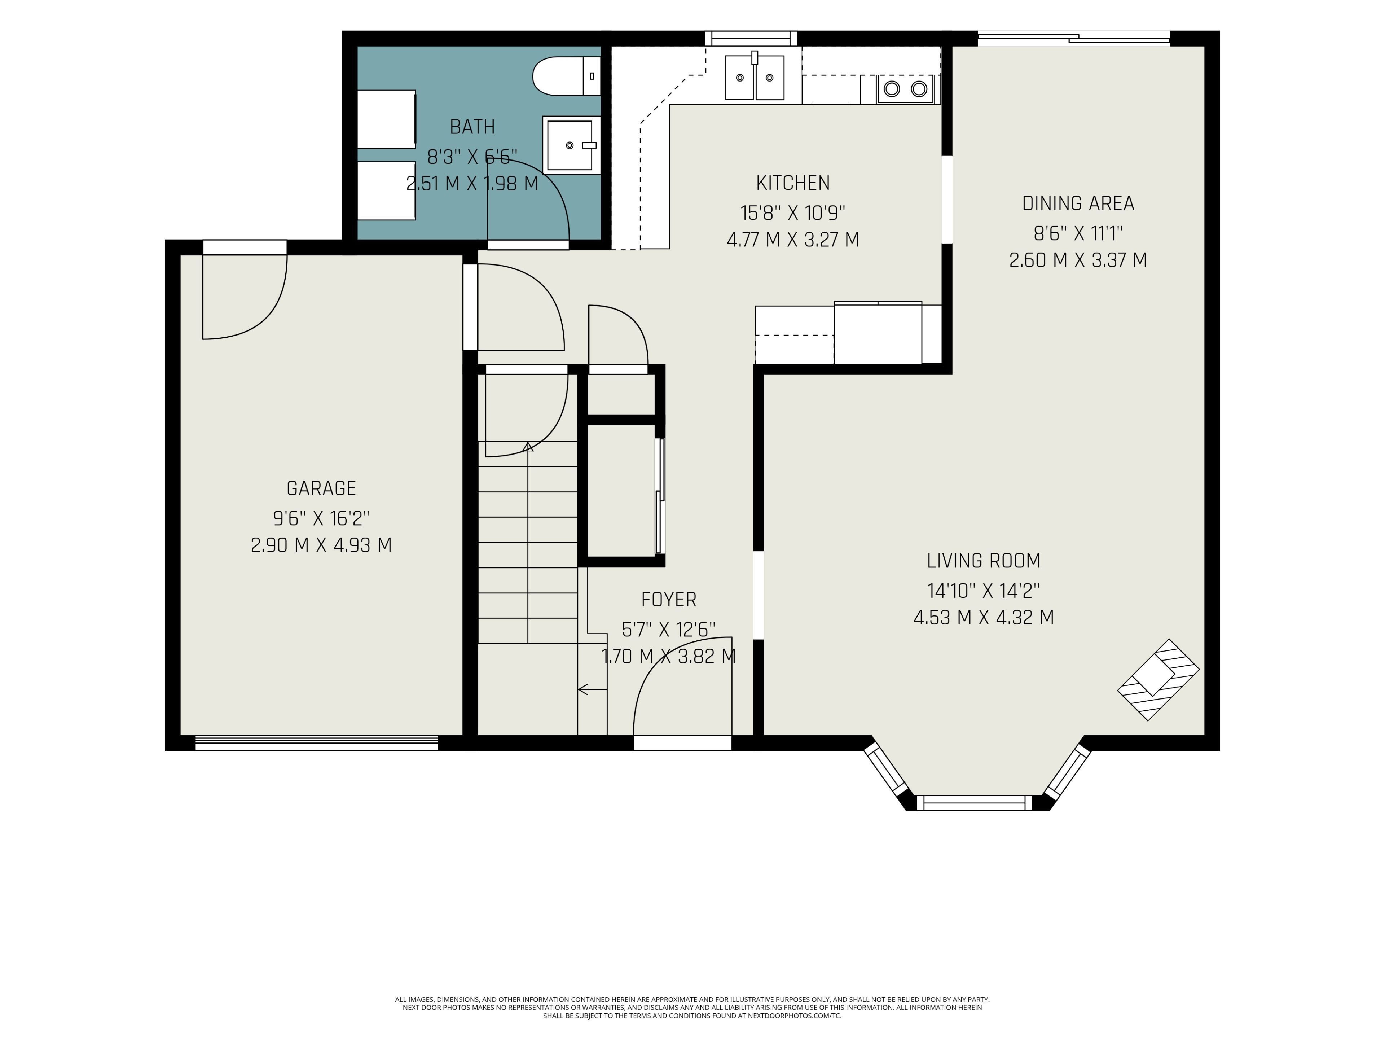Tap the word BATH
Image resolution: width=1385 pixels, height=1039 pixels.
(x=472, y=127)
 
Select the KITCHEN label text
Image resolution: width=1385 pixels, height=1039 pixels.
(x=793, y=183)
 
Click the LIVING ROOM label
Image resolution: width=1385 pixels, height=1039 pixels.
(x=984, y=561)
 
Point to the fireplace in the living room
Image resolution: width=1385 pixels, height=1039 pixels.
(x=1158, y=680)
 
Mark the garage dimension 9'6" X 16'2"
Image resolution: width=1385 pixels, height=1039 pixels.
(x=321, y=518)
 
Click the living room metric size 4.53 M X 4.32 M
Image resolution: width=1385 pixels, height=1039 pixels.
(x=984, y=618)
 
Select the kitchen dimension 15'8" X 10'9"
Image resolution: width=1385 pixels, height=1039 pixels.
(x=793, y=213)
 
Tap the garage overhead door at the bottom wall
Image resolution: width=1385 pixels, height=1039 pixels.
(x=317, y=743)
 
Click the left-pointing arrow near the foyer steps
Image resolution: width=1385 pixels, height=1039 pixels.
(x=592, y=689)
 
